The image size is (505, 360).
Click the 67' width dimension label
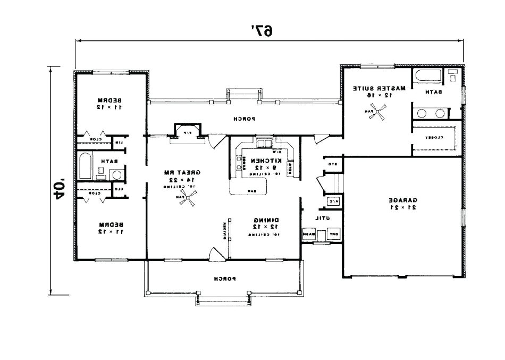[262, 30]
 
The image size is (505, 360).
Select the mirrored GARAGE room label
[404, 200]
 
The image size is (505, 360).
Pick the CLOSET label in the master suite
[434, 137]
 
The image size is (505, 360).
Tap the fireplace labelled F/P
[187, 131]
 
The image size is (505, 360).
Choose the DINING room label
[264, 220]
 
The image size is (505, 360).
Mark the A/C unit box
[333, 202]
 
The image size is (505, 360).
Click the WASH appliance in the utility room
[309, 234]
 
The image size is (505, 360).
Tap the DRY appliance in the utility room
[334, 234]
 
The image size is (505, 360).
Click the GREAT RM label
[186, 173]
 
